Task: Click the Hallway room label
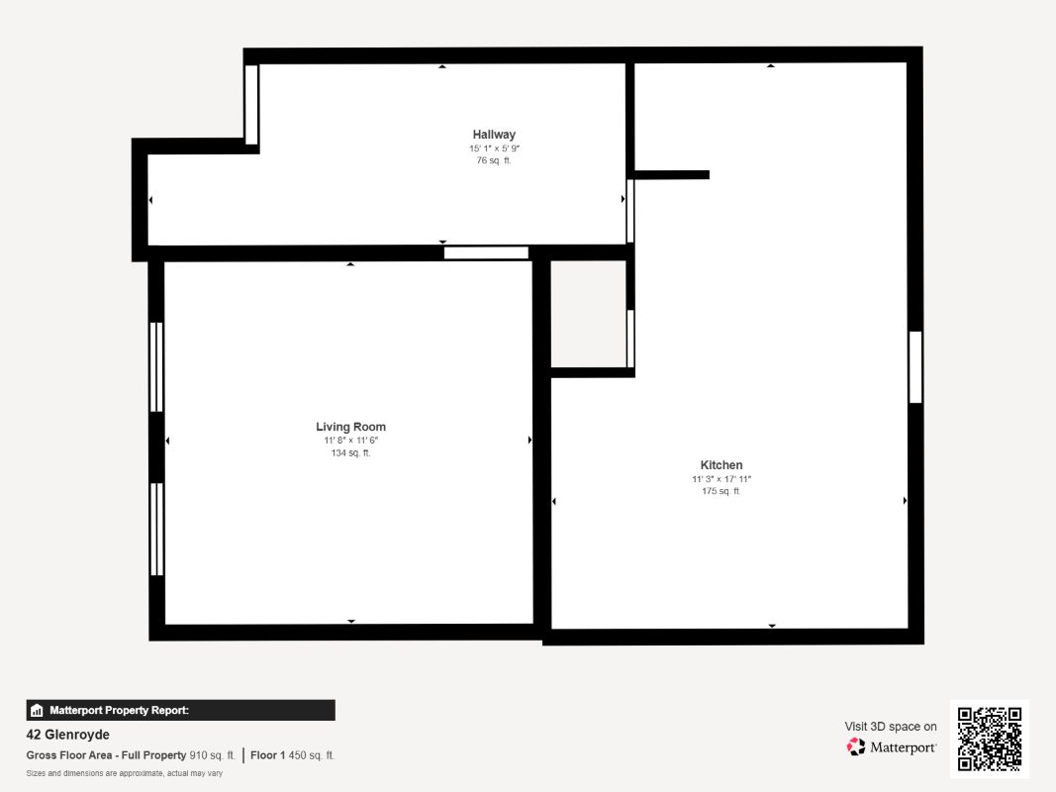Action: [494, 135]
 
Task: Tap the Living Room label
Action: [351, 427]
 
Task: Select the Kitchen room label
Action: [721, 465]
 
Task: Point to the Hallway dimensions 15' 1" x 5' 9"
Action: [494, 148]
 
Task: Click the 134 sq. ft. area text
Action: [351, 453]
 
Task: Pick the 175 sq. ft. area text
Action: [721, 492]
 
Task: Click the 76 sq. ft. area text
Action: [494, 161]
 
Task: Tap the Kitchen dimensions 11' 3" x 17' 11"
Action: [721, 479]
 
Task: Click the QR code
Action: [990, 739]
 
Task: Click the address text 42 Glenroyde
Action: [68, 735]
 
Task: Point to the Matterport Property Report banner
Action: [180, 711]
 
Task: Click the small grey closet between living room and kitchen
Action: [589, 314]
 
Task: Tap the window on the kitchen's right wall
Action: [915, 367]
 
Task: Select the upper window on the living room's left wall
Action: [156, 367]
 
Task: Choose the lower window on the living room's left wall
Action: [156, 530]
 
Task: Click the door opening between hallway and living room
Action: [486, 253]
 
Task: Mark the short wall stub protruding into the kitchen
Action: [671, 175]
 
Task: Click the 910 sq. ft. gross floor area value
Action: [212, 755]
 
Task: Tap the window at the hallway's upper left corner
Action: [251, 104]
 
